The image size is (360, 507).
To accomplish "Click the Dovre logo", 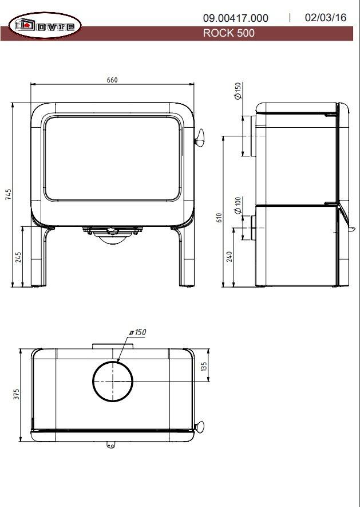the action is pyautogui.click(x=45, y=25).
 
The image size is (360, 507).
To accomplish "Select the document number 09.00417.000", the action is pyautogui.click(x=236, y=18).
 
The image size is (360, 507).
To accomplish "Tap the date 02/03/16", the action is pyautogui.click(x=326, y=17).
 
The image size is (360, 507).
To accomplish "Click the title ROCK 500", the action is pyautogui.click(x=228, y=33).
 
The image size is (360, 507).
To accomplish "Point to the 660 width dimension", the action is pyautogui.click(x=112, y=80).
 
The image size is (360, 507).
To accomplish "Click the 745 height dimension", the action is pyautogui.click(x=9, y=194).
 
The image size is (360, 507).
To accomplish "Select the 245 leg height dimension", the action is pyautogui.click(x=18, y=257).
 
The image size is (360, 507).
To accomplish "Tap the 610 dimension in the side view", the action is pyautogui.click(x=219, y=218).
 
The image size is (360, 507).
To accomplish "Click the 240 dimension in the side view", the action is pyautogui.click(x=230, y=257).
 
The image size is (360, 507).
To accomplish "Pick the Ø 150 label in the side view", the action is pyautogui.click(x=238, y=91).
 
